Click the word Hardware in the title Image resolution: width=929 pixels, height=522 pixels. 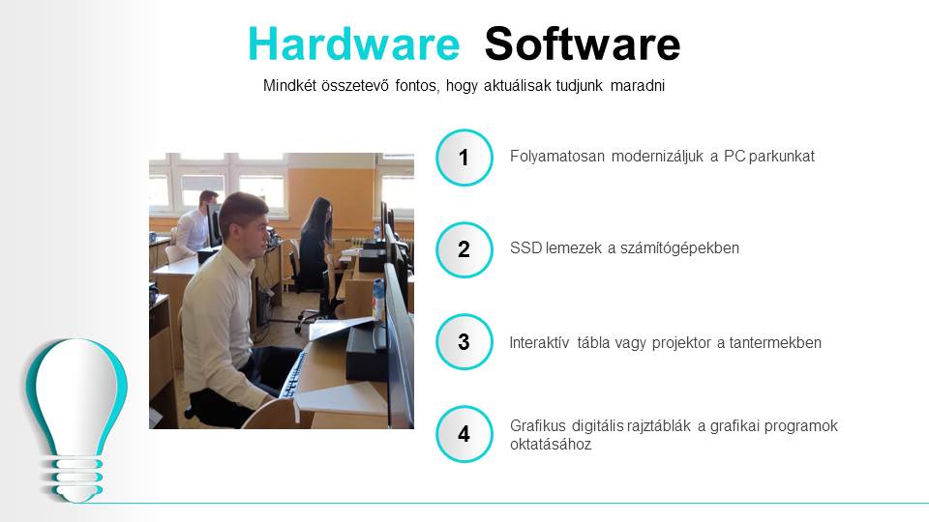tap(354, 43)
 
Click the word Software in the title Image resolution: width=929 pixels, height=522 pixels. tap(583, 43)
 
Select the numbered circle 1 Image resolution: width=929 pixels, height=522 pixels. tap(464, 158)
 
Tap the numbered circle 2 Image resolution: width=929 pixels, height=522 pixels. tap(464, 249)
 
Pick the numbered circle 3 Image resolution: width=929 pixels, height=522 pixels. tap(464, 341)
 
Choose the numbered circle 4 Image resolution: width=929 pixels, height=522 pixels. tap(464, 434)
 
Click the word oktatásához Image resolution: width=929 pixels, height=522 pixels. tap(551, 445)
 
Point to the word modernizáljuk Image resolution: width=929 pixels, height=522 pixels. tap(657, 157)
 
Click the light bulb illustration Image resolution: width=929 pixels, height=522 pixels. tap(75, 418)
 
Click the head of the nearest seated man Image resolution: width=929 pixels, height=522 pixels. tap(244, 222)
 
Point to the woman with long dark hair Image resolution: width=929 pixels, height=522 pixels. tap(314, 246)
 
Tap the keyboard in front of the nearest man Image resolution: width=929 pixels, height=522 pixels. tap(292, 374)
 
